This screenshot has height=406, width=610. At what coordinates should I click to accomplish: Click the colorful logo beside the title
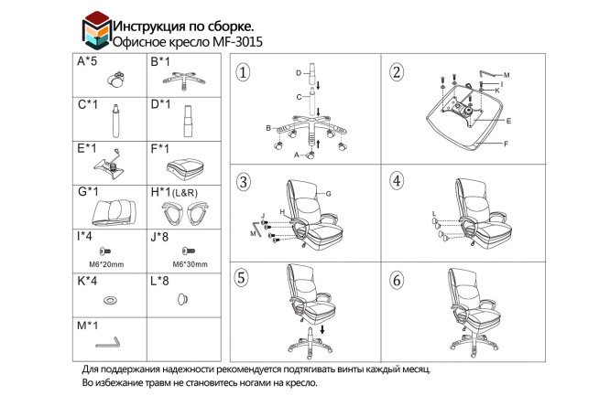97,31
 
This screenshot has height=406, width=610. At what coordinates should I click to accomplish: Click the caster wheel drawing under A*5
116,80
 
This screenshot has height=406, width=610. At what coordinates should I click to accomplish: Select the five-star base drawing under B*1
183,80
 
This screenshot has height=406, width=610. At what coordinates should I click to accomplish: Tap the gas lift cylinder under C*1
115,121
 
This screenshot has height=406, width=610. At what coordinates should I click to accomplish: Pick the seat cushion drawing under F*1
185,169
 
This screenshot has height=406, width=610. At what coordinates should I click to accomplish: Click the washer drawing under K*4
111,300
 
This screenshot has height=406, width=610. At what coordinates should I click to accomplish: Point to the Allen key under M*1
108,343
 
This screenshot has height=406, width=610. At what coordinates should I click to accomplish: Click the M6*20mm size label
106,264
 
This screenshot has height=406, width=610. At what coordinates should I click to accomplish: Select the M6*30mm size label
190,264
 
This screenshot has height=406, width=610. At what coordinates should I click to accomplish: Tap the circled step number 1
243,72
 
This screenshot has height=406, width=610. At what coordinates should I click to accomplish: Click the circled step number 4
397,181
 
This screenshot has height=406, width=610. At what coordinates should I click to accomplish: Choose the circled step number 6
397,280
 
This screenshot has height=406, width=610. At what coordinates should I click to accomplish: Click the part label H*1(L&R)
174,192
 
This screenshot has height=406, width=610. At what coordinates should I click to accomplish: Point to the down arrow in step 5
322,330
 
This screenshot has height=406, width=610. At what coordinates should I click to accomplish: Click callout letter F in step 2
507,144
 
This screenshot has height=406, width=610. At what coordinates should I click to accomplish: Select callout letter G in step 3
328,194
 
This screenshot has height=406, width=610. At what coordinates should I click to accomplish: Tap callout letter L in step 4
434,214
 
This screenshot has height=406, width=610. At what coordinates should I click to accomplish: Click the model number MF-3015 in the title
237,42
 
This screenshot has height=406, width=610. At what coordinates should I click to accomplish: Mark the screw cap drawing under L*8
182,300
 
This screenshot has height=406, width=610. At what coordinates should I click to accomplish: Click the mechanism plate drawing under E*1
108,165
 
